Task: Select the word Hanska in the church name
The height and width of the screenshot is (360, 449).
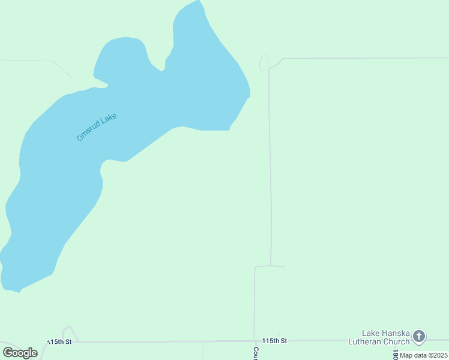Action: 398,333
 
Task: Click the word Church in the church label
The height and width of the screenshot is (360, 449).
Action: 396,341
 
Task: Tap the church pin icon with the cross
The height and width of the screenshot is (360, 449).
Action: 419,337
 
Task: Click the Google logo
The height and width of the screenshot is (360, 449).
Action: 20,353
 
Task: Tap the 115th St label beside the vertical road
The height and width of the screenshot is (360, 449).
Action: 275,341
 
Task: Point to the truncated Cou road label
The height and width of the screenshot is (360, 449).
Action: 256,353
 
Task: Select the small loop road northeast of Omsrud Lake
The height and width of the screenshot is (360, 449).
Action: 264,63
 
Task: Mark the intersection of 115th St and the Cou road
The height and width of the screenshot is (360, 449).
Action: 255,341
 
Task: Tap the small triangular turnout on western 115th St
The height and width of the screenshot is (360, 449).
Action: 70,334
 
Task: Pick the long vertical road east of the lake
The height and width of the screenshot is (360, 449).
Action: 270,168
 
